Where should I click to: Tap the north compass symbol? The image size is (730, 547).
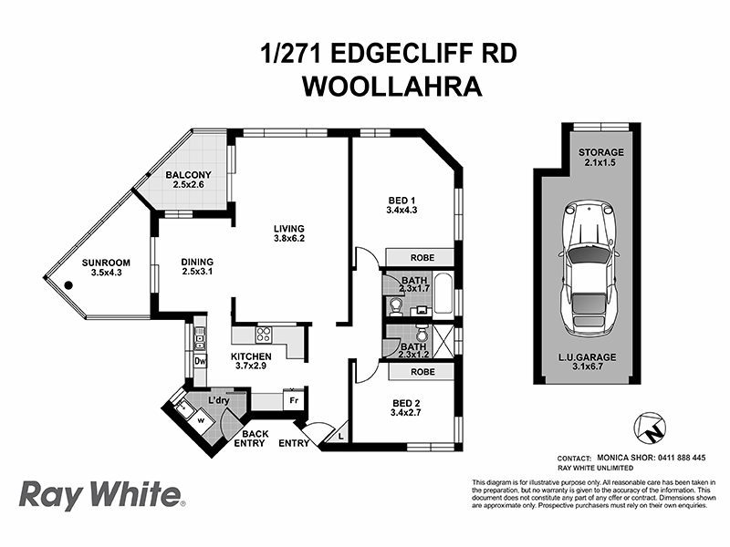651,426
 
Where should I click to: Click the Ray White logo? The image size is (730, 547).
100,496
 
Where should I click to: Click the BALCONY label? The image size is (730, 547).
189,175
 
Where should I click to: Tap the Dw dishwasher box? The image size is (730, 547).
201,361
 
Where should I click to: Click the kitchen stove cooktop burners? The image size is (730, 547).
266,333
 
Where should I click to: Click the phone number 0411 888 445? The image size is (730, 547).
680,458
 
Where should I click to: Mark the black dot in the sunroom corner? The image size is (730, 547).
67,285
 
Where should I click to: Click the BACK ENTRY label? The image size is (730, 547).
248,439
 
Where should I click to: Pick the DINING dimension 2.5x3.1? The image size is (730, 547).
196,272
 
